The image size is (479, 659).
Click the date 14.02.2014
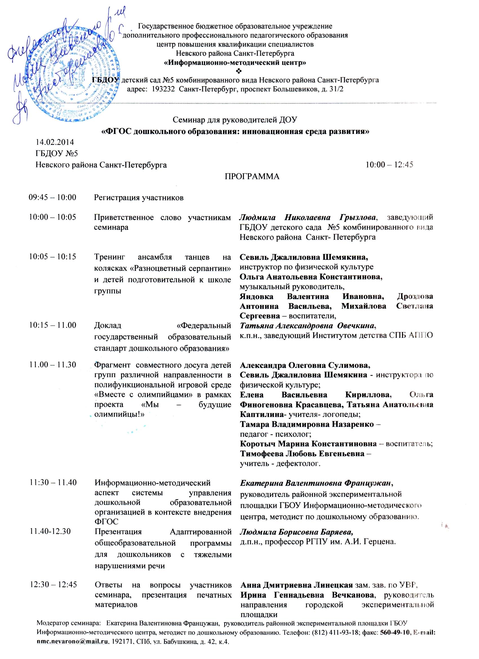tap(55, 142)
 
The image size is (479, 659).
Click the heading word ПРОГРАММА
tap(252, 176)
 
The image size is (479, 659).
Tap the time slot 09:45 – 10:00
tap(52, 198)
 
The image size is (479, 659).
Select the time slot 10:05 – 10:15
tap(52, 256)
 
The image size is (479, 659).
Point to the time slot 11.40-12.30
tap(50, 532)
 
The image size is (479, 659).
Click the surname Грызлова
tap(358, 217)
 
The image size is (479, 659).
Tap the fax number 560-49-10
tap(394, 639)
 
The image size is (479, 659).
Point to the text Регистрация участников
tap(139, 198)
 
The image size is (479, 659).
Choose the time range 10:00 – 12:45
tap(389, 165)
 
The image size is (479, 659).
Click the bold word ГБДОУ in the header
tap(105, 79)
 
